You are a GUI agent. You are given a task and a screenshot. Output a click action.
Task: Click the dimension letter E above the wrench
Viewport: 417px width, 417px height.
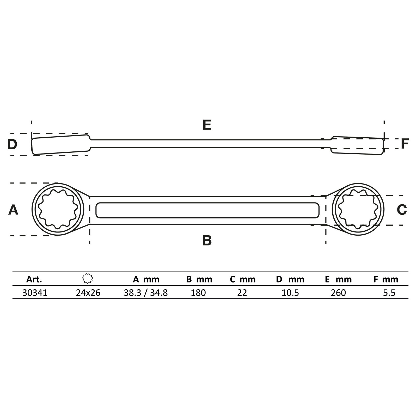(x=207, y=125)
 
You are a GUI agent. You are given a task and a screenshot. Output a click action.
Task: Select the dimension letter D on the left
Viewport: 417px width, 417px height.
(x=12, y=144)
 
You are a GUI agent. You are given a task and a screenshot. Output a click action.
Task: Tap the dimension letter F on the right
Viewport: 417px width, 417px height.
(x=404, y=144)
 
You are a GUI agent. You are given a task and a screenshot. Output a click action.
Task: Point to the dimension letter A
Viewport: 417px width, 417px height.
(x=13, y=210)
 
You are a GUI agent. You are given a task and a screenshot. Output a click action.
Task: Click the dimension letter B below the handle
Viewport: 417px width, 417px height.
(x=207, y=241)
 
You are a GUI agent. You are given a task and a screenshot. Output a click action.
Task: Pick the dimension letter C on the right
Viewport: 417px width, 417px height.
(x=402, y=210)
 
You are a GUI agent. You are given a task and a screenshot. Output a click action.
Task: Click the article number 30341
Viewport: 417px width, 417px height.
(x=35, y=293)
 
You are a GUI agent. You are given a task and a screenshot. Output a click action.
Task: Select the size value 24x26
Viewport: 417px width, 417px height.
(x=88, y=293)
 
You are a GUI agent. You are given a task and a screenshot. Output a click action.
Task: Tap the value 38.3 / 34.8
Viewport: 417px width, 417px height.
(x=146, y=293)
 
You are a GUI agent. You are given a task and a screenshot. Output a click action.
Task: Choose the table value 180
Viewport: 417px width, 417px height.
(x=198, y=293)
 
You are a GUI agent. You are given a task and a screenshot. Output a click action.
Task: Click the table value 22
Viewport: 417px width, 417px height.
(x=242, y=293)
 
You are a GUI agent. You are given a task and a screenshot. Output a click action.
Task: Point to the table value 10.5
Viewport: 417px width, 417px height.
(x=290, y=293)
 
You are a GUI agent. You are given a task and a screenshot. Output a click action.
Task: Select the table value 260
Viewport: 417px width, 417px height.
(x=338, y=293)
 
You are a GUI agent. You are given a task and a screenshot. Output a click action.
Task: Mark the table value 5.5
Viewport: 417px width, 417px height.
(x=389, y=293)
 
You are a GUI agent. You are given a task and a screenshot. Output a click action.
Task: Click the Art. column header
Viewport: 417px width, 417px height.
(x=34, y=279)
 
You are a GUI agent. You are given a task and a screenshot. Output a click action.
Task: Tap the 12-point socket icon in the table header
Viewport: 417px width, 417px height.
(x=88, y=279)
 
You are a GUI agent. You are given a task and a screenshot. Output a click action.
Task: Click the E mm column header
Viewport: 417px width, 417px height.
(x=338, y=279)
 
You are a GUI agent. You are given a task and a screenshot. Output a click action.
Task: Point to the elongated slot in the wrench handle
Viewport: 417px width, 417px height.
(x=207, y=210)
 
